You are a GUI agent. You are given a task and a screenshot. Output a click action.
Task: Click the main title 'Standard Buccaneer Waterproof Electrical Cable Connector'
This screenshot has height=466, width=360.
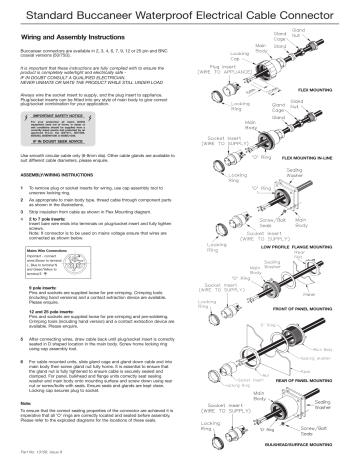(x=180, y=13)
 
